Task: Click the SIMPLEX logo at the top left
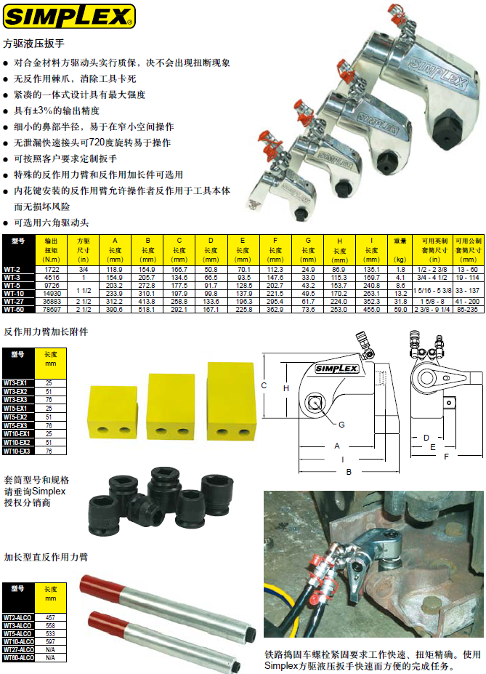pos(68,15)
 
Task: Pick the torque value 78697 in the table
pos(52,309)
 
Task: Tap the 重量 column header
pos(400,241)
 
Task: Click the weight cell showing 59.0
pos(400,309)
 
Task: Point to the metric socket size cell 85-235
pos(468,309)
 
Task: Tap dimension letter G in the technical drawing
pos(341,424)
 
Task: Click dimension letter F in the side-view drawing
pos(446,456)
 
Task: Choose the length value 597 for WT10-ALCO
pos(50,641)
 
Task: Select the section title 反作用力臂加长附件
pos(46,332)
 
